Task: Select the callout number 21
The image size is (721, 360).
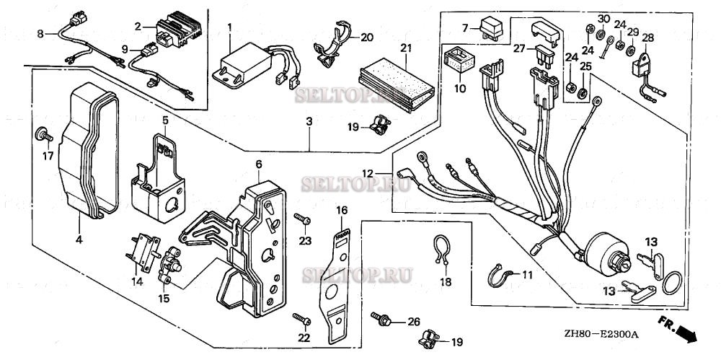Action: (405, 48)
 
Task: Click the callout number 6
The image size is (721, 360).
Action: (257, 164)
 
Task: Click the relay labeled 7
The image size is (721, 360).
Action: (492, 27)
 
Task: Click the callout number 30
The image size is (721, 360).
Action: (604, 18)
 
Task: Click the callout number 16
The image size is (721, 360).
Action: (342, 210)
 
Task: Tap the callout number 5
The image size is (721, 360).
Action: (165, 119)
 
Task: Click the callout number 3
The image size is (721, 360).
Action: (309, 123)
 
